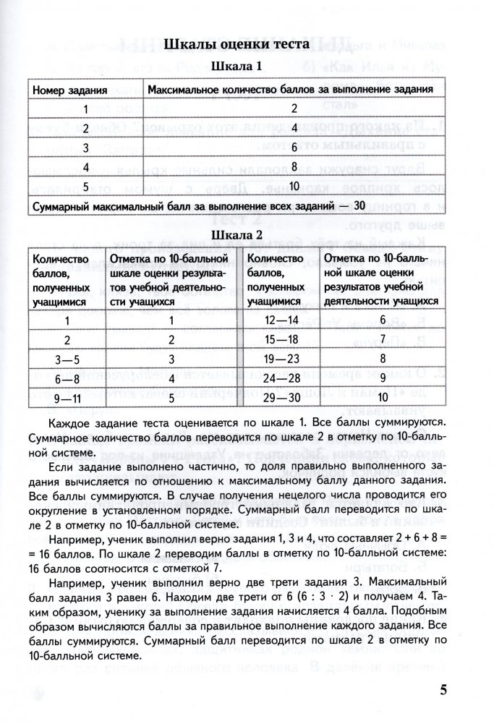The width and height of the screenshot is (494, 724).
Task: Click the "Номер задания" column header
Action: click(x=69, y=90)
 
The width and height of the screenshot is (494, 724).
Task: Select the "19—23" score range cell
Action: click(x=281, y=358)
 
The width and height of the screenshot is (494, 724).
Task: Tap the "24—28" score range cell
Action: click(x=281, y=378)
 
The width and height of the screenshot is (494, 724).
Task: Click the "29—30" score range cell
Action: click(x=281, y=396)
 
